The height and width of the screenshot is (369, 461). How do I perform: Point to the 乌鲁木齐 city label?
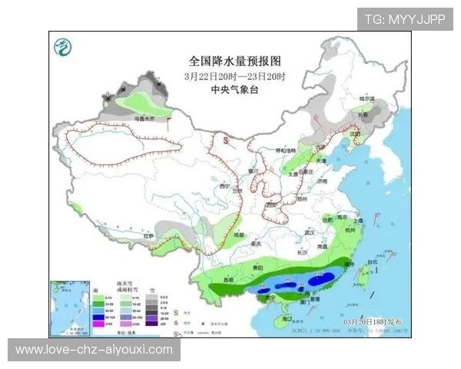point(144,120)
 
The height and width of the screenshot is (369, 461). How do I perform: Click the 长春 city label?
point(362,115)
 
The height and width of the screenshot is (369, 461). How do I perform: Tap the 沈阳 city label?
point(354,133)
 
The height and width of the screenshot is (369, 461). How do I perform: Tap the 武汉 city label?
point(310,231)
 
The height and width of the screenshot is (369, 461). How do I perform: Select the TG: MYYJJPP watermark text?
point(404,19)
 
